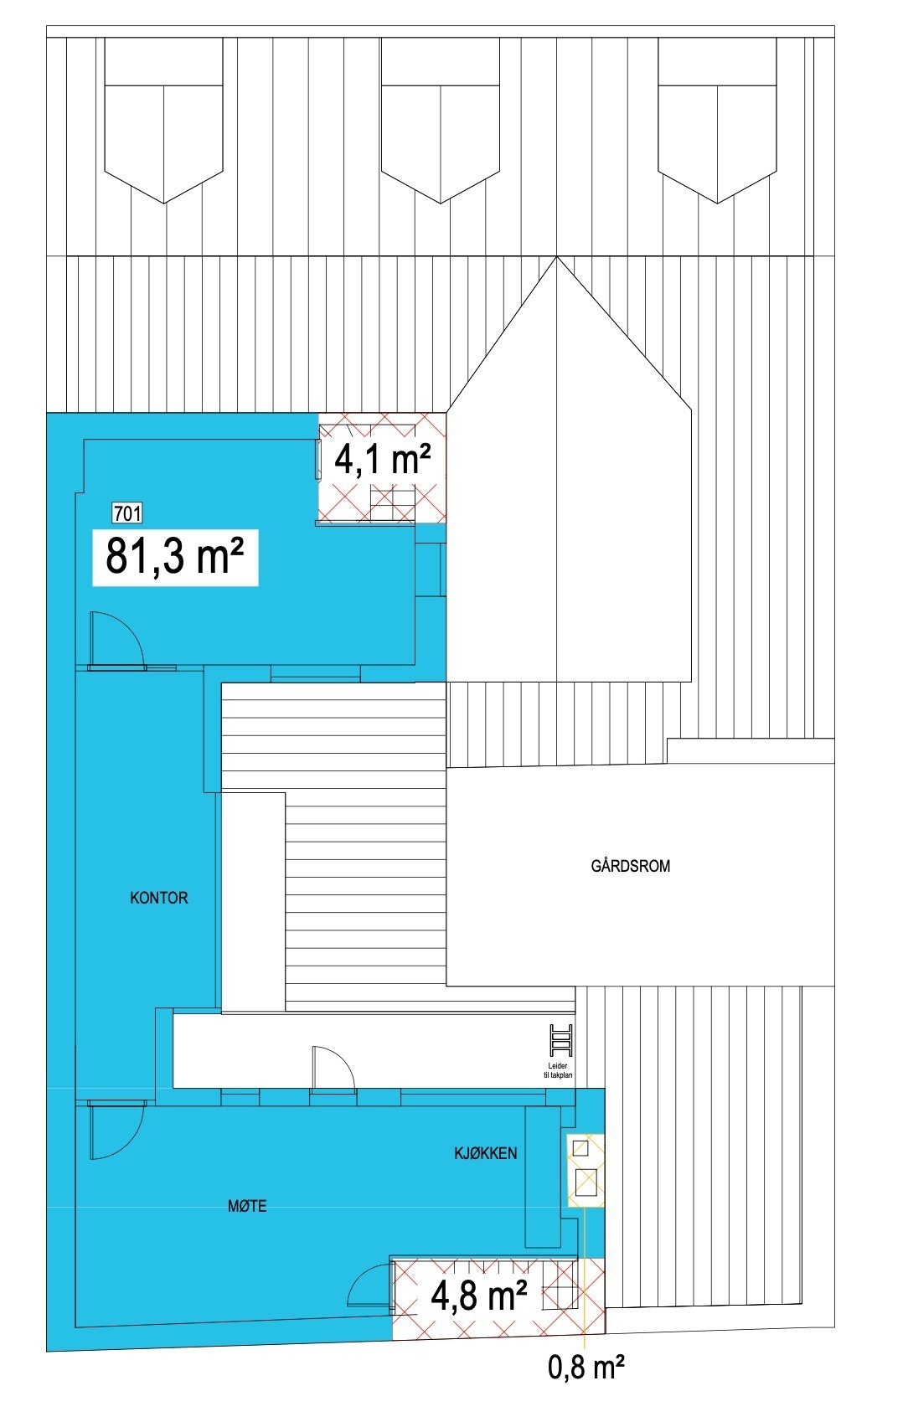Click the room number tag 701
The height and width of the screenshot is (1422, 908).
127,513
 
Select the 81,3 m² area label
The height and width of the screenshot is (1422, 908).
174,557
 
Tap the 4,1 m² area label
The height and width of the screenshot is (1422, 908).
383,460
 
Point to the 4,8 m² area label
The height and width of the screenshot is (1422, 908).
478,1296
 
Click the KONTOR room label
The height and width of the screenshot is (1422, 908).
159,898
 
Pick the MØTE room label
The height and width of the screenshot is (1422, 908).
247,1206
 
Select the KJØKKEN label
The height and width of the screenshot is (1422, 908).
486,1153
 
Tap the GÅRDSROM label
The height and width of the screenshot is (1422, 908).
631,866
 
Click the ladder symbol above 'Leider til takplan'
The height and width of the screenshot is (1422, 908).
560,1041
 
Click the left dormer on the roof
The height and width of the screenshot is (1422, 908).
163,121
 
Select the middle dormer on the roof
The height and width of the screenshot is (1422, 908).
441,121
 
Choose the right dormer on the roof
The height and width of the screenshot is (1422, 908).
717,121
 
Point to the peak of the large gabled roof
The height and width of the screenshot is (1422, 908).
556,259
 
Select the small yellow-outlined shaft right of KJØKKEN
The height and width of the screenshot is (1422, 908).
586,1171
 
